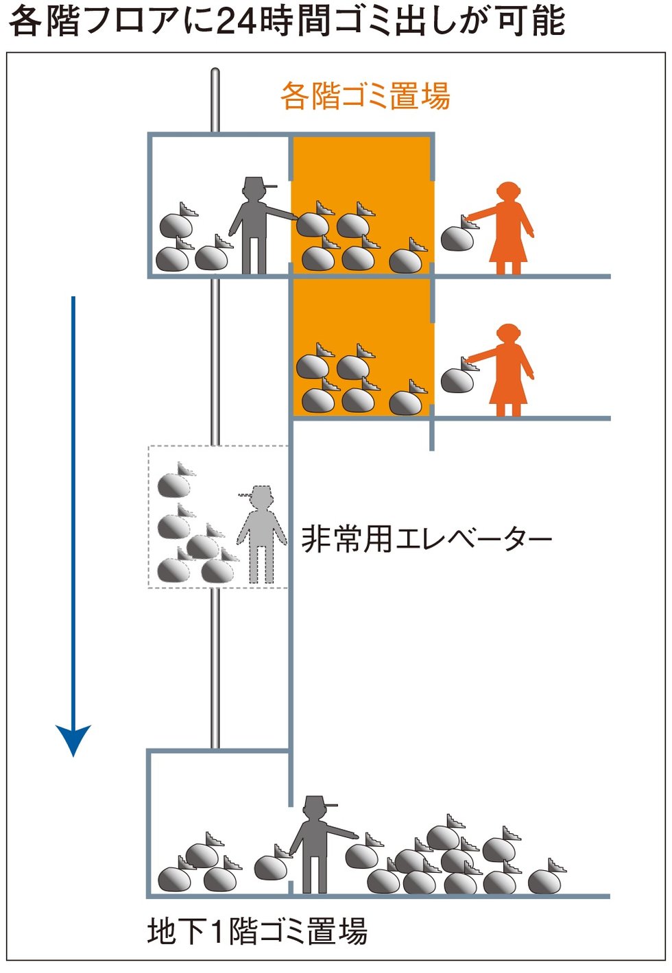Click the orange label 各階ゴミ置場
[x=365, y=96]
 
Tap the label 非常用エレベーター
[x=427, y=539]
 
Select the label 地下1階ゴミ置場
[x=257, y=932]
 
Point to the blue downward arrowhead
[x=73, y=739]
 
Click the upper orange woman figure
[x=509, y=229]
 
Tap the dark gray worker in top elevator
[x=255, y=226]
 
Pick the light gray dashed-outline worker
[x=262, y=535]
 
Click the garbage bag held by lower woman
[x=457, y=378]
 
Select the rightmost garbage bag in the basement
[x=547, y=879]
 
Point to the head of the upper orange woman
[x=508, y=192]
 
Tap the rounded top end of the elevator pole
[x=215, y=72]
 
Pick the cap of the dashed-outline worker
[x=259, y=492]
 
